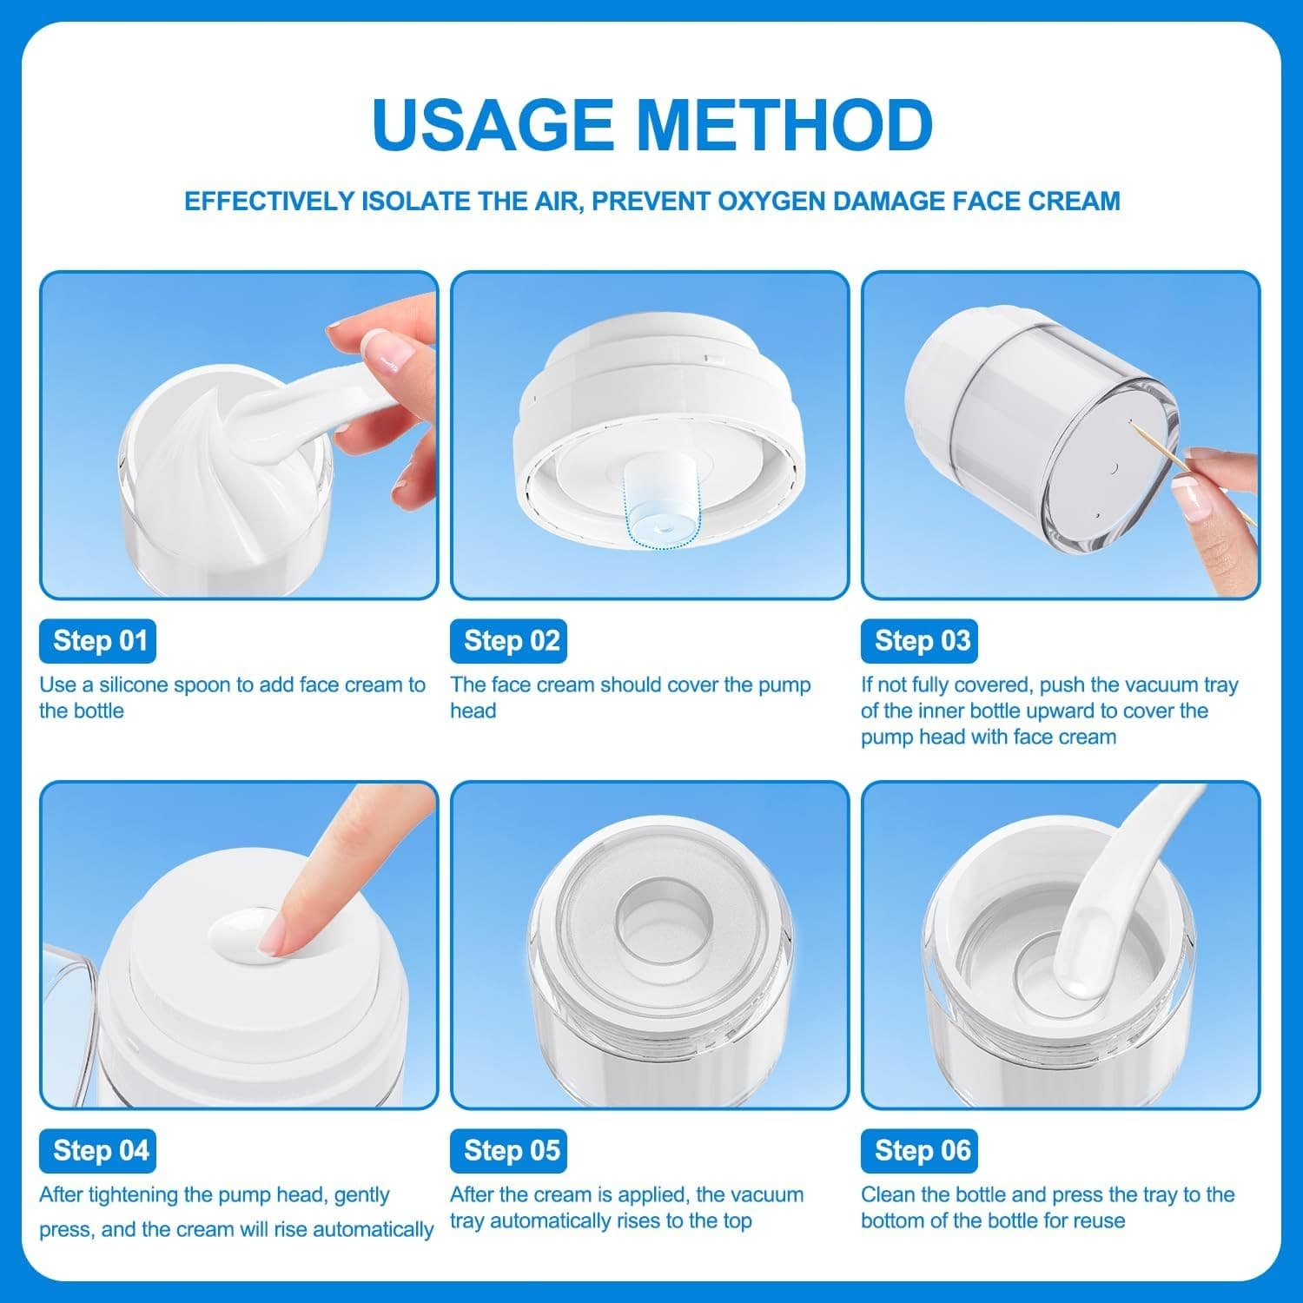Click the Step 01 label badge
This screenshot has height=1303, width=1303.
click(x=97, y=641)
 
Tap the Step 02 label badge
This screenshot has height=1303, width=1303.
click(x=508, y=641)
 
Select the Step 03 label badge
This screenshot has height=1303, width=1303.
click(x=919, y=641)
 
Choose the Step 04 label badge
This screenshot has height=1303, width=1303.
click(x=97, y=1151)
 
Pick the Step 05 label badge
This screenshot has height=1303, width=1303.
click(x=508, y=1151)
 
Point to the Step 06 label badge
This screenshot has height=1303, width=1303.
click(x=919, y=1151)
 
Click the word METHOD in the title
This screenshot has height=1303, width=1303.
click(x=785, y=124)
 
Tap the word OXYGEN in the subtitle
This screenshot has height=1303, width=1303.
click(x=771, y=202)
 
